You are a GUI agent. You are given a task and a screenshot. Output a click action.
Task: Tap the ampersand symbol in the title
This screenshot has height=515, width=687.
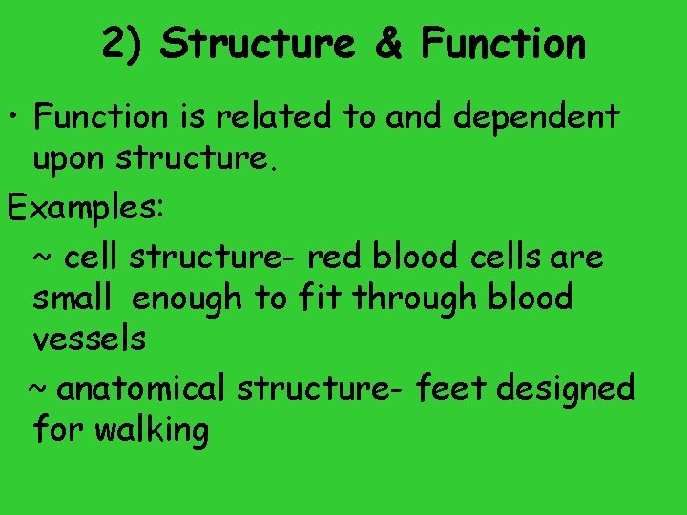click(387, 44)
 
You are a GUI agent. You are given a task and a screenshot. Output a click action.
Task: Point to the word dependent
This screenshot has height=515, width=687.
click(536, 118)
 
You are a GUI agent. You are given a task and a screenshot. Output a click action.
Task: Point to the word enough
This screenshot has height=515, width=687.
click(188, 300)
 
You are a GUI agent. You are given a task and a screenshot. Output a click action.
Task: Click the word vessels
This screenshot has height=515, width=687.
click(89, 340)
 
